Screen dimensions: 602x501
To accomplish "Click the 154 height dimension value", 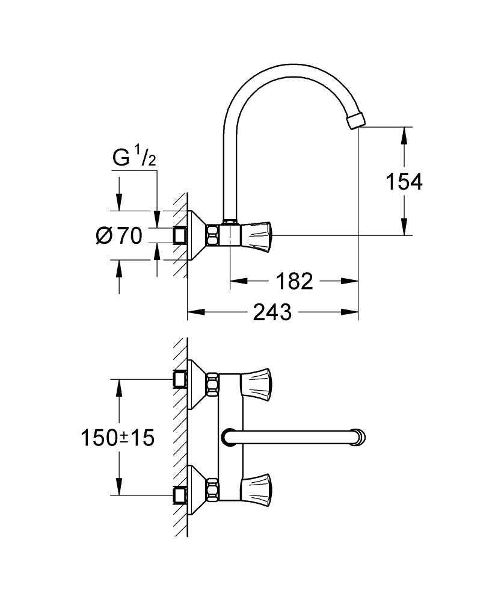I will click(x=405, y=181).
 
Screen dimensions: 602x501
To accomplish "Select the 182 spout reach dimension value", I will click(x=294, y=281).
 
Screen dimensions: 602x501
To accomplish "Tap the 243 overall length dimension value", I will click(x=272, y=312).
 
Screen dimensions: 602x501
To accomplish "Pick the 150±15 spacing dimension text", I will click(x=118, y=438).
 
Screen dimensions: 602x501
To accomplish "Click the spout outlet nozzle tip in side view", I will click(x=356, y=119).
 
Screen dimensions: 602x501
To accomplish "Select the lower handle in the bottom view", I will click(x=255, y=486).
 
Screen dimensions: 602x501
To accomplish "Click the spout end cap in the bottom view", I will click(x=360, y=436).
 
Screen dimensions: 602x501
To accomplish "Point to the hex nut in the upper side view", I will click(x=213, y=235).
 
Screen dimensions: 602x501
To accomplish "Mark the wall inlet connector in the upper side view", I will click(x=179, y=235).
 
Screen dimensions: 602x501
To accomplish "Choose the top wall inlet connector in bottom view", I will click(x=179, y=379).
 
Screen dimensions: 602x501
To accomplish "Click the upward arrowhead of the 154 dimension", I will click(x=405, y=134).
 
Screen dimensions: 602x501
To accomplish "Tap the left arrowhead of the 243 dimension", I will click(x=196, y=312).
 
